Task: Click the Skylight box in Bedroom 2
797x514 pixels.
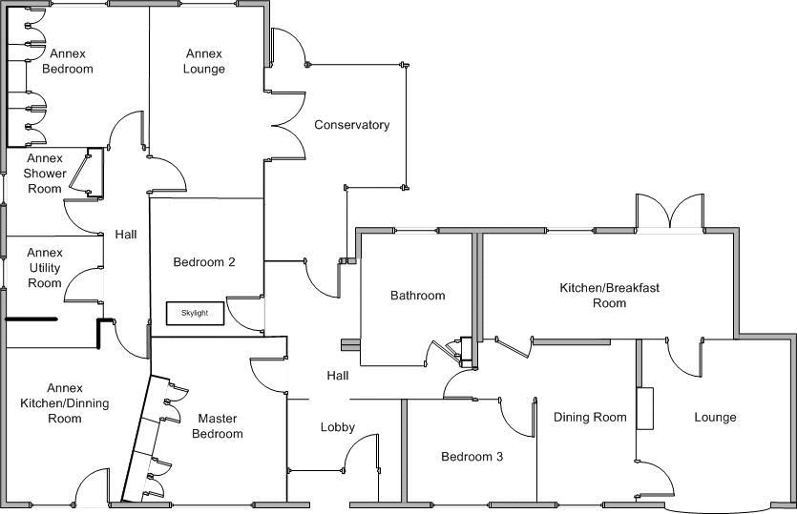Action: click(x=195, y=313)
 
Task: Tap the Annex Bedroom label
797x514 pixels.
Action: click(x=68, y=61)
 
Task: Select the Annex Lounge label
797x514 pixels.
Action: click(x=205, y=61)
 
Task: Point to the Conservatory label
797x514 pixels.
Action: click(x=352, y=125)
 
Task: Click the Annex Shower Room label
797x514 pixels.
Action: click(x=45, y=174)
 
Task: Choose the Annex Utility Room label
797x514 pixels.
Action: click(x=45, y=268)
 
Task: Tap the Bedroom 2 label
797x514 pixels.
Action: click(x=204, y=262)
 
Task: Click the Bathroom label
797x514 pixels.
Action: click(x=418, y=296)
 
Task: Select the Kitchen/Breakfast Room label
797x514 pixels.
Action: click(x=610, y=295)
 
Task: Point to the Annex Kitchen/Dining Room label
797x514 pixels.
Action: click(x=65, y=403)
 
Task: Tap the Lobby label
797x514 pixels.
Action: click(x=338, y=427)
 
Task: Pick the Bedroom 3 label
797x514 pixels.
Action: click(x=472, y=457)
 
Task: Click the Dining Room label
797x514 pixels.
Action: click(x=590, y=417)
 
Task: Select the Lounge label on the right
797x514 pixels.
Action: click(x=715, y=417)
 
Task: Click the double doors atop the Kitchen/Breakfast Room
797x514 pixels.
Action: click(x=671, y=212)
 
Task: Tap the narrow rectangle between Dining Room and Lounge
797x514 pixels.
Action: click(x=645, y=407)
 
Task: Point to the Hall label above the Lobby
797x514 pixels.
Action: click(x=338, y=376)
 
